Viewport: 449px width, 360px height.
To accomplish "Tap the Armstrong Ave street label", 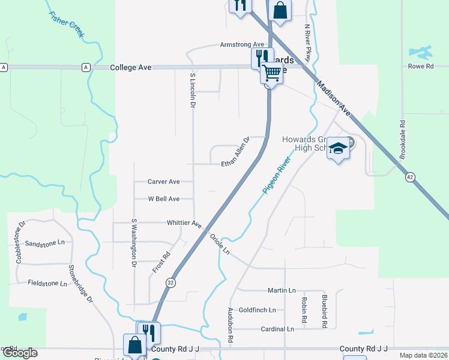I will point(242,45).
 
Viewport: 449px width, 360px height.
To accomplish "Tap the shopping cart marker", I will point(272,73).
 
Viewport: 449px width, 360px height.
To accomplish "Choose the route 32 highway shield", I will point(171,283).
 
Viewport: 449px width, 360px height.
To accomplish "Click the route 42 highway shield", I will point(409,177).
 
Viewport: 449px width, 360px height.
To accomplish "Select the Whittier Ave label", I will point(184,223).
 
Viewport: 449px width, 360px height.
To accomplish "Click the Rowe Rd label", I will point(421,67).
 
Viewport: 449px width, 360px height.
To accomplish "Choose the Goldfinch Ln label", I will point(257,310).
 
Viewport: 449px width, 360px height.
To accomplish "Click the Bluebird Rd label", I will point(324,311).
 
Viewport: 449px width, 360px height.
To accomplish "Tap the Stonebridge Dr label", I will point(80,284).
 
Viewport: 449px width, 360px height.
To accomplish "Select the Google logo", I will point(19,353).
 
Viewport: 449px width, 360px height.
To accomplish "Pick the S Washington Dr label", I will point(134,243).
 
